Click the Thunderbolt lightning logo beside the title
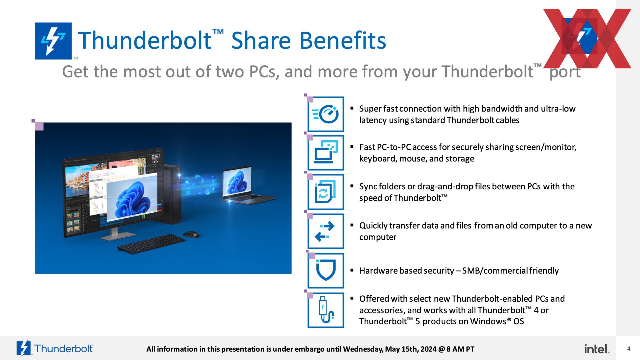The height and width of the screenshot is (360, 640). tap(53, 41)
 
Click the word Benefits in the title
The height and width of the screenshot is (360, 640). tap(343, 40)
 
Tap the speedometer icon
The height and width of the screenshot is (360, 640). tap(326, 114)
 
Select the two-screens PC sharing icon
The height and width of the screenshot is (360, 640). tap(326, 153)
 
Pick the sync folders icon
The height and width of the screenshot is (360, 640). tap(326, 192)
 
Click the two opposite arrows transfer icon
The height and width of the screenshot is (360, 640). tap(326, 231)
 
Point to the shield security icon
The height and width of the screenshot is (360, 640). tap(326, 270)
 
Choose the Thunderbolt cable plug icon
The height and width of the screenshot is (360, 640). tap(326, 310)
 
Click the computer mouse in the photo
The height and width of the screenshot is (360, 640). tap(191, 234)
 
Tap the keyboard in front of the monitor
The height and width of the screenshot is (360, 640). tap(151, 244)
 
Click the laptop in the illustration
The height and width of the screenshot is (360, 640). tap(247, 185)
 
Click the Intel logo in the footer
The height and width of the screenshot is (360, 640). tap(597, 349)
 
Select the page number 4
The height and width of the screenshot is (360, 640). tap(629, 349)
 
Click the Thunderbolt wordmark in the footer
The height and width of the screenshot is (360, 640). tap(64, 349)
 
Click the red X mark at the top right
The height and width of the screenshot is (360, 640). tap(587, 38)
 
